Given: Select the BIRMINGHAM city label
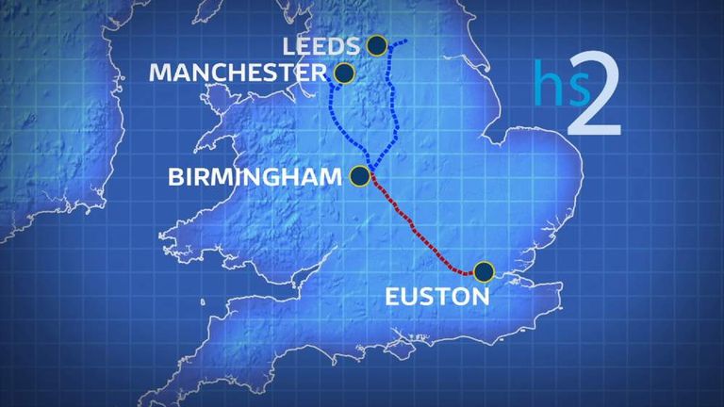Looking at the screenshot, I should pos(255,176).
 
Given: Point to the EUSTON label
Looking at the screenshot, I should pos(438,296).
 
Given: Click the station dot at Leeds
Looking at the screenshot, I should pos(377,44).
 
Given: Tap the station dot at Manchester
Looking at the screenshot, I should pos(345,73).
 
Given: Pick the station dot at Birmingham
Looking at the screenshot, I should pos(359,175).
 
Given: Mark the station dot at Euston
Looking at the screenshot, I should pos(484,271).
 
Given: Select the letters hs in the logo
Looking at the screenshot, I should pos(551,85).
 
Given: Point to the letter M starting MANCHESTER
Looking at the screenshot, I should pos(160,73).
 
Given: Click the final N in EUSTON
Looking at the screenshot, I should pos(481,296).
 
